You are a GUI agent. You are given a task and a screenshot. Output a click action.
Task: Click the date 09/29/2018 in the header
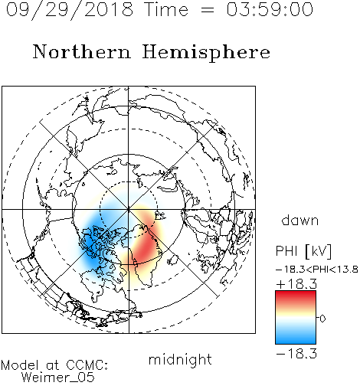pos(70,10)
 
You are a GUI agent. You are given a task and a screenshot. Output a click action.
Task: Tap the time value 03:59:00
pos(270,9)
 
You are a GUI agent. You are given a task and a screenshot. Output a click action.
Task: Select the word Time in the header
pos(166,9)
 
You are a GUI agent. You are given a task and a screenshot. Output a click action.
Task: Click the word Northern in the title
pos(82,51)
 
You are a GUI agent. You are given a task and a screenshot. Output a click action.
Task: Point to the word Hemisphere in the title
pos(206,53)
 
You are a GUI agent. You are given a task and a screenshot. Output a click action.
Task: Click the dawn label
pos(300,220)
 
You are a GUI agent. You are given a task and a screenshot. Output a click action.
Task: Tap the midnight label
pos(180,359)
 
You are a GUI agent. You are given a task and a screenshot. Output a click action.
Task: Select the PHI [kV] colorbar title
pos(303,251)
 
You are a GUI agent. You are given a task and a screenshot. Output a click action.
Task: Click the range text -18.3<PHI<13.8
pos(317,270)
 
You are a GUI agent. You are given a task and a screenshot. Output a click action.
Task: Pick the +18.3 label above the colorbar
pos(296,284)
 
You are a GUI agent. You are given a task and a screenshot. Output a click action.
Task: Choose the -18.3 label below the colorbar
pos(296,354)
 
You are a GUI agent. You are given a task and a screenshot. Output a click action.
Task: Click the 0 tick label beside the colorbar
pos(322,319)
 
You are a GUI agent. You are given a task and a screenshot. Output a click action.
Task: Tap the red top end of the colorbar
pos(296,294)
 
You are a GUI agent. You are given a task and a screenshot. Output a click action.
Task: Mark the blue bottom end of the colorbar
pos(296,341)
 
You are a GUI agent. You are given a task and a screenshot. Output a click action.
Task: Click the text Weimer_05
pos(58,378)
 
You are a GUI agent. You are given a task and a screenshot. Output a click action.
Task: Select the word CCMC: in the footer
pos(87,365)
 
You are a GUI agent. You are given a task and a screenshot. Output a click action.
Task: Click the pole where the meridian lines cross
pos(129,209)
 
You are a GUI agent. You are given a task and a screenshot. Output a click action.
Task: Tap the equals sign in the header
pos(208,10)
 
